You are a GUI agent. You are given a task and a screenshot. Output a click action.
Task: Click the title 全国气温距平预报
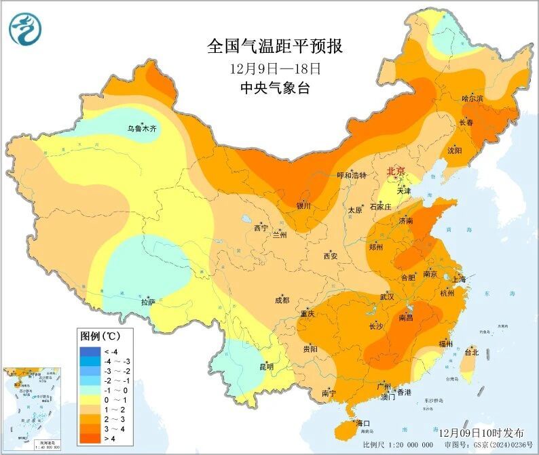275,47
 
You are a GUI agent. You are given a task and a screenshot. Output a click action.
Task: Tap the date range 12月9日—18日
275,68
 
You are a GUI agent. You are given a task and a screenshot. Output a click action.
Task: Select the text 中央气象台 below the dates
275,88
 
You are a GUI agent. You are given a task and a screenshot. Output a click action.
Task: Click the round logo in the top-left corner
25,28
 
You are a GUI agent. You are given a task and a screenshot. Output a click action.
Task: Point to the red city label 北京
396,172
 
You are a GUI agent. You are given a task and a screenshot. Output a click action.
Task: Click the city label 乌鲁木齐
142,128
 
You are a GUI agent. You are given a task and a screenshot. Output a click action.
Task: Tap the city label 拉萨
149,302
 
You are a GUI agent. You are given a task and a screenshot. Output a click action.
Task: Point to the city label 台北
471,353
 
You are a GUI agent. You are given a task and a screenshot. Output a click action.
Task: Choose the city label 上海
458,279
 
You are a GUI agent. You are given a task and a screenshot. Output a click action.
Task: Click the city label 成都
282,300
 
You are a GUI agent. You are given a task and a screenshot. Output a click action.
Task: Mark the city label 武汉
387,297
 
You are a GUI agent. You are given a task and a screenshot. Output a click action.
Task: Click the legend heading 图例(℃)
100,336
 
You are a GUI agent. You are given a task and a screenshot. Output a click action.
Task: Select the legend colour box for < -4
89,351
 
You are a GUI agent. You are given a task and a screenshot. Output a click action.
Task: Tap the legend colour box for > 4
89,439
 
